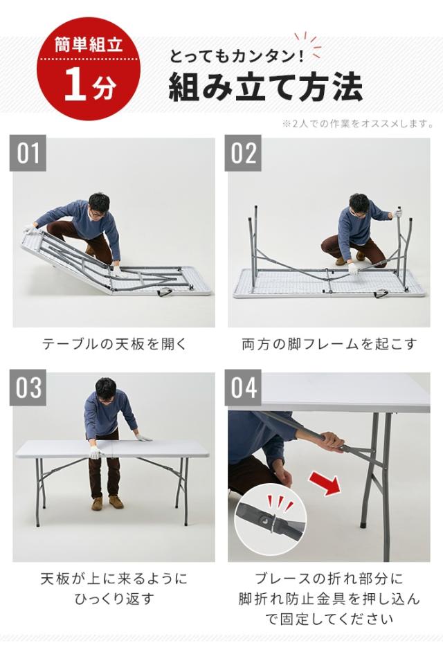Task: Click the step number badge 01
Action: point(28,153)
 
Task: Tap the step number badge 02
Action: point(243,153)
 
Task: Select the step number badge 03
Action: point(28,388)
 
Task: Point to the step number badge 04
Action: point(243,388)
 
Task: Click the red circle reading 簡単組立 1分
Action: point(89,69)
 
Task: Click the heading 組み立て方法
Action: point(265,87)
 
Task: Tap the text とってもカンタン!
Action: point(237,56)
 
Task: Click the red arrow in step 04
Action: point(325,483)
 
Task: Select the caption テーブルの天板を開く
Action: point(114,344)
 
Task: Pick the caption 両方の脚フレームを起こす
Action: point(329,344)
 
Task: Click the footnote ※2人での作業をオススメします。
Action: point(357,123)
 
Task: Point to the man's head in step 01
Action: point(99,206)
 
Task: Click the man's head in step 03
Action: point(105,390)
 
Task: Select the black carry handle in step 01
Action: point(165,293)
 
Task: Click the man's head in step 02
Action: point(359,205)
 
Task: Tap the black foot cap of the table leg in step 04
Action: point(363,525)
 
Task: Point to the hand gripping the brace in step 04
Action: point(332,442)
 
